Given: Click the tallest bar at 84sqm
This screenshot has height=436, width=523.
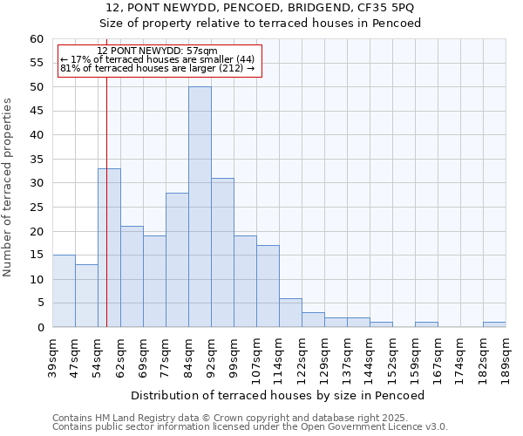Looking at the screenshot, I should (200, 207).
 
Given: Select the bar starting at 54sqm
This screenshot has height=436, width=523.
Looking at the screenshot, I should (109, 248).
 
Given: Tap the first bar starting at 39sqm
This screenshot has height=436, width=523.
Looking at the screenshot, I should (64, 290).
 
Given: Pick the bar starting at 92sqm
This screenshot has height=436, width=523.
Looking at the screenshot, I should (222, 252).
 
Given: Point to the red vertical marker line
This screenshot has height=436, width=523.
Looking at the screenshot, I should (106, 201).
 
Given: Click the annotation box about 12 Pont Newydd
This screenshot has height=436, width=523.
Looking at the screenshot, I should (158, 60).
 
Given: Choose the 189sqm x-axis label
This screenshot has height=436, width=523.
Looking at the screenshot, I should (506, 355).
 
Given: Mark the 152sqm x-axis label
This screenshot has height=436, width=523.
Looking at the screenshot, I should (393, 355).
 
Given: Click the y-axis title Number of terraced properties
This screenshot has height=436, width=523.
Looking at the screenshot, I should (9, 187).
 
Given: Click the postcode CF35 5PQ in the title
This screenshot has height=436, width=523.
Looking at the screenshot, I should (387, 8).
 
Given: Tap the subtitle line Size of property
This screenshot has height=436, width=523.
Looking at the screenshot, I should (260, 24).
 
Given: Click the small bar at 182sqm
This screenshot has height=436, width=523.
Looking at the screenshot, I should (494, 324).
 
